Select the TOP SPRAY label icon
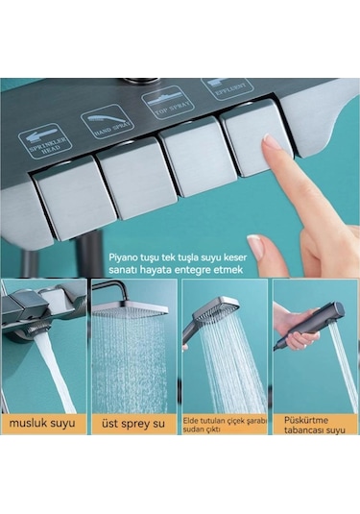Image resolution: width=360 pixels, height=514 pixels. point(166,101)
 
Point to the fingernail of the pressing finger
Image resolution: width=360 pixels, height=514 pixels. point(274,143)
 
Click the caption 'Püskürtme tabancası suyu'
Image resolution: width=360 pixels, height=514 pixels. point(314,424)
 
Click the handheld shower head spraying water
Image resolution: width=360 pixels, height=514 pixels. point(214,314)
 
